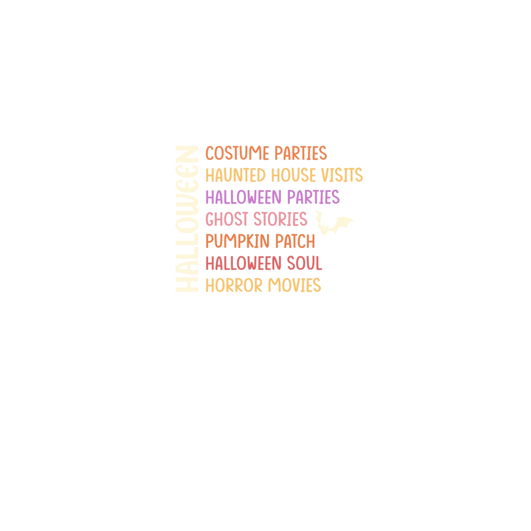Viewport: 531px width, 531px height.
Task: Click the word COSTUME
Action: pos(237,153)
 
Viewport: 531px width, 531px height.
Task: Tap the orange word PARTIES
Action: pos(301,153)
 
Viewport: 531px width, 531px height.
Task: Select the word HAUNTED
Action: pos(235,175)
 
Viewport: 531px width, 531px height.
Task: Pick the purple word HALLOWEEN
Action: pos(243,198)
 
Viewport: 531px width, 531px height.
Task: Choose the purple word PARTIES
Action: pos(313,198)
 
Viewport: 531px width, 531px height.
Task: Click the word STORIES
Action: pos(281,219)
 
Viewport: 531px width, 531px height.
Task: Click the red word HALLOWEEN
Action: pos(243,263)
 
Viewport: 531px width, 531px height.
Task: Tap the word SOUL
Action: pos(305,263)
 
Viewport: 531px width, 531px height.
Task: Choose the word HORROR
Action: pos(234,286)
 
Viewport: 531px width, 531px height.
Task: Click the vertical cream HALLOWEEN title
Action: pos(187,219)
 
